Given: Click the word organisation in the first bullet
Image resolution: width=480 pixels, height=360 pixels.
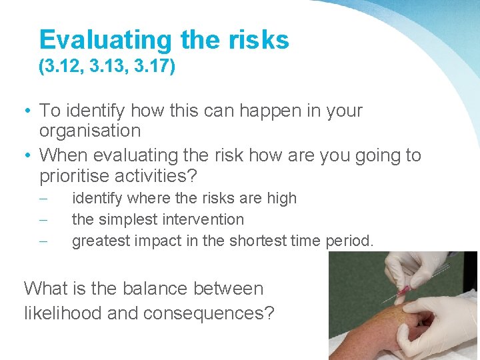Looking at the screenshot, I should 90,131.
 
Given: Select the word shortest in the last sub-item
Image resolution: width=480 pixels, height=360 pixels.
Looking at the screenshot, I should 257,241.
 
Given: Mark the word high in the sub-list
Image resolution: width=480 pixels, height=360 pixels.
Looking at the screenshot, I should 283,198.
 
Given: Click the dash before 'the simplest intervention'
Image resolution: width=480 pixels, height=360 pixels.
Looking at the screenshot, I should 43,219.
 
